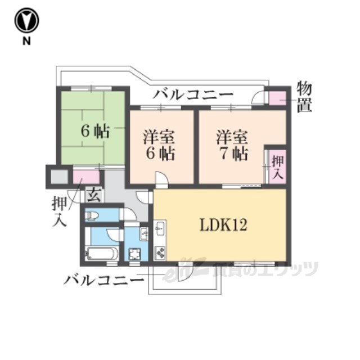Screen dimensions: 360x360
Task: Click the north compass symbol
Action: click(x=26, y=20)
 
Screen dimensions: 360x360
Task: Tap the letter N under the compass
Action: click(x=26, y=41)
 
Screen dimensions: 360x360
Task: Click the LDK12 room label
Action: click(x=223, y=224)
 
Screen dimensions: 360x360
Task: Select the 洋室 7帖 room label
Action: click(x=232, y=145)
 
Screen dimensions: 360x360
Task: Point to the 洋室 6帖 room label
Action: click(x=159, y=145)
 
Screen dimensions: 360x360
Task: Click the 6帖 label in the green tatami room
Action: click(x=95, y=131)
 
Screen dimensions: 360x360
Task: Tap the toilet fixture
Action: click(x=92, y=215)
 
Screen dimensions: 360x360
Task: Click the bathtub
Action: click(x=101, y=254)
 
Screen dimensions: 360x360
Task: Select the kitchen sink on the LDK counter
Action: click(x=160, y=228)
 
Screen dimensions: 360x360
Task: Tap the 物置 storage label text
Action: click(x=304, y=97)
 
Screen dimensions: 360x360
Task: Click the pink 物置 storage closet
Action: click(x=277, y=98)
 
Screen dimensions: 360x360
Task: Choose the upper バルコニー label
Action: click(x=193, y=94)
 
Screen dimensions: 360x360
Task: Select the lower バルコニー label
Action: click(x=104, y=280)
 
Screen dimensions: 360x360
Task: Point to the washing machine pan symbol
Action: click(x=134, y=254)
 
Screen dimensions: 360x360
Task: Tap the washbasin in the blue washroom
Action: click(x=144, y=234)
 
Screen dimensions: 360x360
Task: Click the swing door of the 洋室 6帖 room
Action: click(x=161, y=178)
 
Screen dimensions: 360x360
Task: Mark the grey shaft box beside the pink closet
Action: click(x=59, y=177)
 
